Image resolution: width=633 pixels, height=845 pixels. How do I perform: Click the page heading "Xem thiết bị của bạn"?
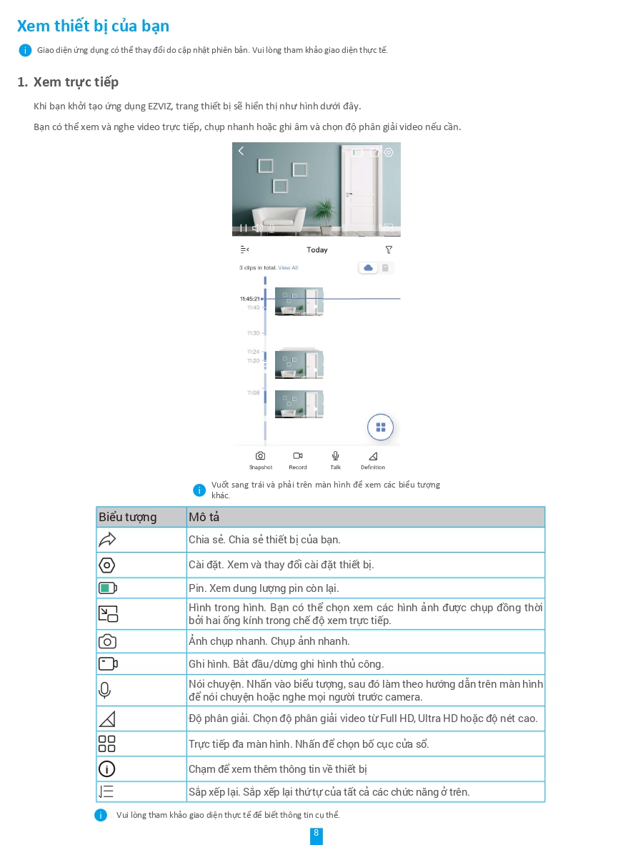(93, 26)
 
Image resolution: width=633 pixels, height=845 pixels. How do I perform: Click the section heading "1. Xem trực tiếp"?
(68, 82)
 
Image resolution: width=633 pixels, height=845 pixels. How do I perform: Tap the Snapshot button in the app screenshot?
(260, 459)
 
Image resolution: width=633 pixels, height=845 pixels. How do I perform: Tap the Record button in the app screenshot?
(298, 459)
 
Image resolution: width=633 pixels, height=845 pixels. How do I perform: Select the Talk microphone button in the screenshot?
(335, 459)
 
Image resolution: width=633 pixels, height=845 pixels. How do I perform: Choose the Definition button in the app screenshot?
(373, 459)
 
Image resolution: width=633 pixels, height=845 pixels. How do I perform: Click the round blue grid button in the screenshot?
(380, 428)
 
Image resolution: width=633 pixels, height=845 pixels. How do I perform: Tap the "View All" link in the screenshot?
(288, 268)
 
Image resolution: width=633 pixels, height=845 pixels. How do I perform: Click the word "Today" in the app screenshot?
(316, 250)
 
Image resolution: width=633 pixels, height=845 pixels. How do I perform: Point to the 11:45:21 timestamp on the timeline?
(250, 299)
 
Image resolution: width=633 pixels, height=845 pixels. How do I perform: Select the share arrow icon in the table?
(107, 540)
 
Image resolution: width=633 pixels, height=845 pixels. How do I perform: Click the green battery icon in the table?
(107, 588)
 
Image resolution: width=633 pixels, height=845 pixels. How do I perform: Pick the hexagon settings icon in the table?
(107, 565)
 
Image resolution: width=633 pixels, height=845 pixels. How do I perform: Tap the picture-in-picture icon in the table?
(108, 613)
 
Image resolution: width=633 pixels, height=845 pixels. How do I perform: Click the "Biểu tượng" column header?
(128, 518)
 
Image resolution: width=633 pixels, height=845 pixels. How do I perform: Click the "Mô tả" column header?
(204, 518)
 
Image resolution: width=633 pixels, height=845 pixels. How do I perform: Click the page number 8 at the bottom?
(316, 834)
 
